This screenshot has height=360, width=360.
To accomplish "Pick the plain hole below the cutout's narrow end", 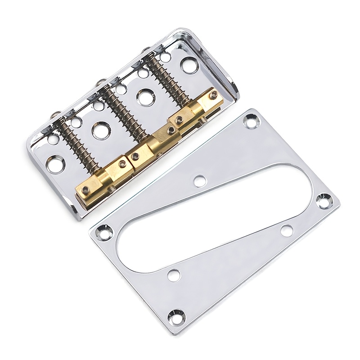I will [x=287, y=230].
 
